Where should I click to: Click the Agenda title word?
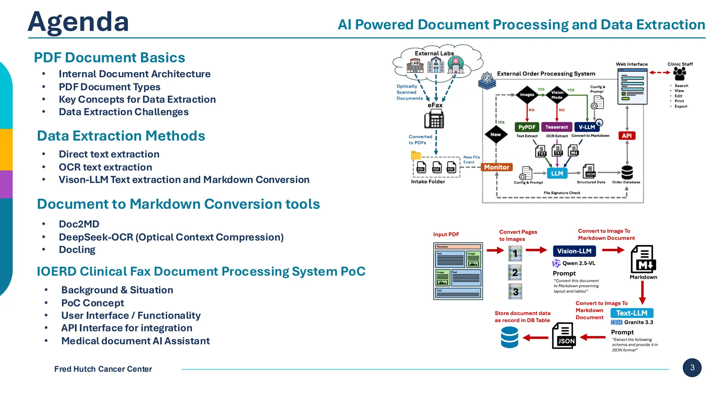coord(78,22)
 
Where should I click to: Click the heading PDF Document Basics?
coord(109,58)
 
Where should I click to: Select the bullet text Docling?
coord(77,250)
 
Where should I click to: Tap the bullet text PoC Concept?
coord(92,303)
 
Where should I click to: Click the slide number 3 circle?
coord(692,367)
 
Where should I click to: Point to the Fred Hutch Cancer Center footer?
coord(103,369)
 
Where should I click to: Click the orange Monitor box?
coord(496,167)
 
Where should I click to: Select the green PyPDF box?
coord(527,127)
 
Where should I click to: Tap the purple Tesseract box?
coord(556,127)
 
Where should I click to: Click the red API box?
coord(627,136)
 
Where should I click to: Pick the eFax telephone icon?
coord(434,119)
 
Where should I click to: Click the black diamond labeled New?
coord(496,135)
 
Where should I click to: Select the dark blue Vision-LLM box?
coord(574,251)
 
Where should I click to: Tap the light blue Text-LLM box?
coord(632,313)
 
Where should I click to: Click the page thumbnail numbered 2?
coord(515,272)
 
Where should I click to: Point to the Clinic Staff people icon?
coord(679,74)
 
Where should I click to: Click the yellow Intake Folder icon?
coord(416,155)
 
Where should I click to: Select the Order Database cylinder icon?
coord(627,173)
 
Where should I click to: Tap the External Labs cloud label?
coord(434,53)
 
